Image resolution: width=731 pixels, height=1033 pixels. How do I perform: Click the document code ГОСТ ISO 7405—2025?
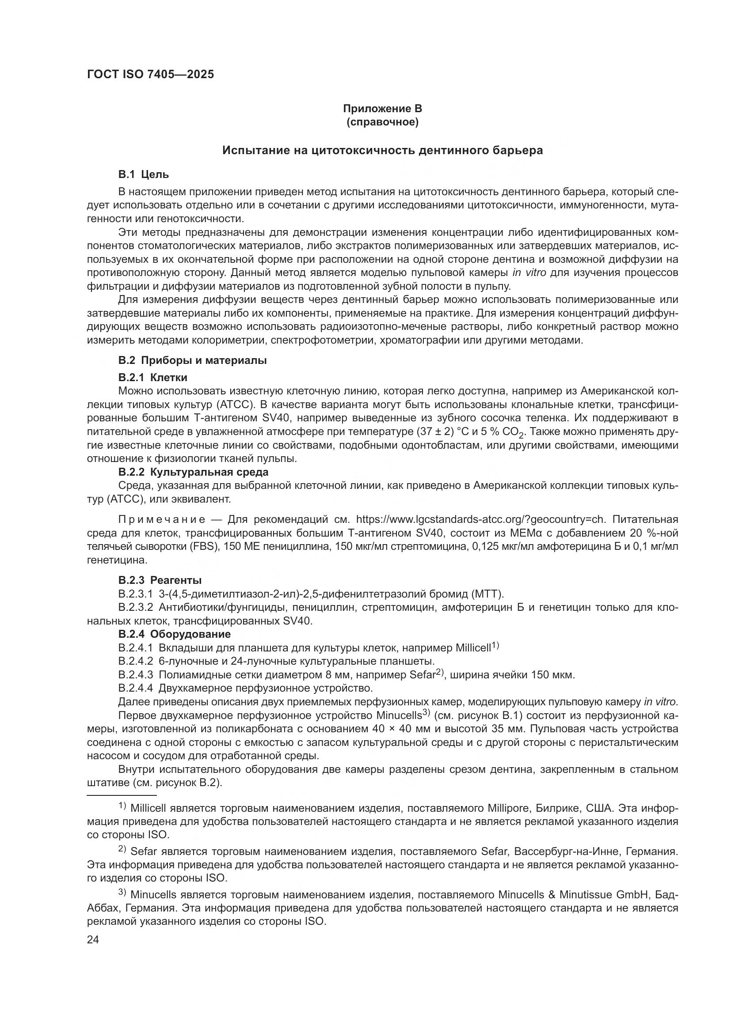tap(150, 75)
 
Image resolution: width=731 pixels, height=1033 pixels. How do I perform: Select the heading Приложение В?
tap(382, 109)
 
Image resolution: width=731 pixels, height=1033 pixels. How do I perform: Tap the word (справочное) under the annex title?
tap(382, 122)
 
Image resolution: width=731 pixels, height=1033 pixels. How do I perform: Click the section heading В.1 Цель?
tap(144, 174)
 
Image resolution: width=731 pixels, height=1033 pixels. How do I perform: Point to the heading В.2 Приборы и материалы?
tap(192, 360)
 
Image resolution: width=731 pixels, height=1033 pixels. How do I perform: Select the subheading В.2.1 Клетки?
tap(152, 377)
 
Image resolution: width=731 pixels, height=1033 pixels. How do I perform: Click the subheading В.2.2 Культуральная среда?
tap(193, 472)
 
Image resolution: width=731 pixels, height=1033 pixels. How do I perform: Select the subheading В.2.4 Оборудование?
tap(174, 634)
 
